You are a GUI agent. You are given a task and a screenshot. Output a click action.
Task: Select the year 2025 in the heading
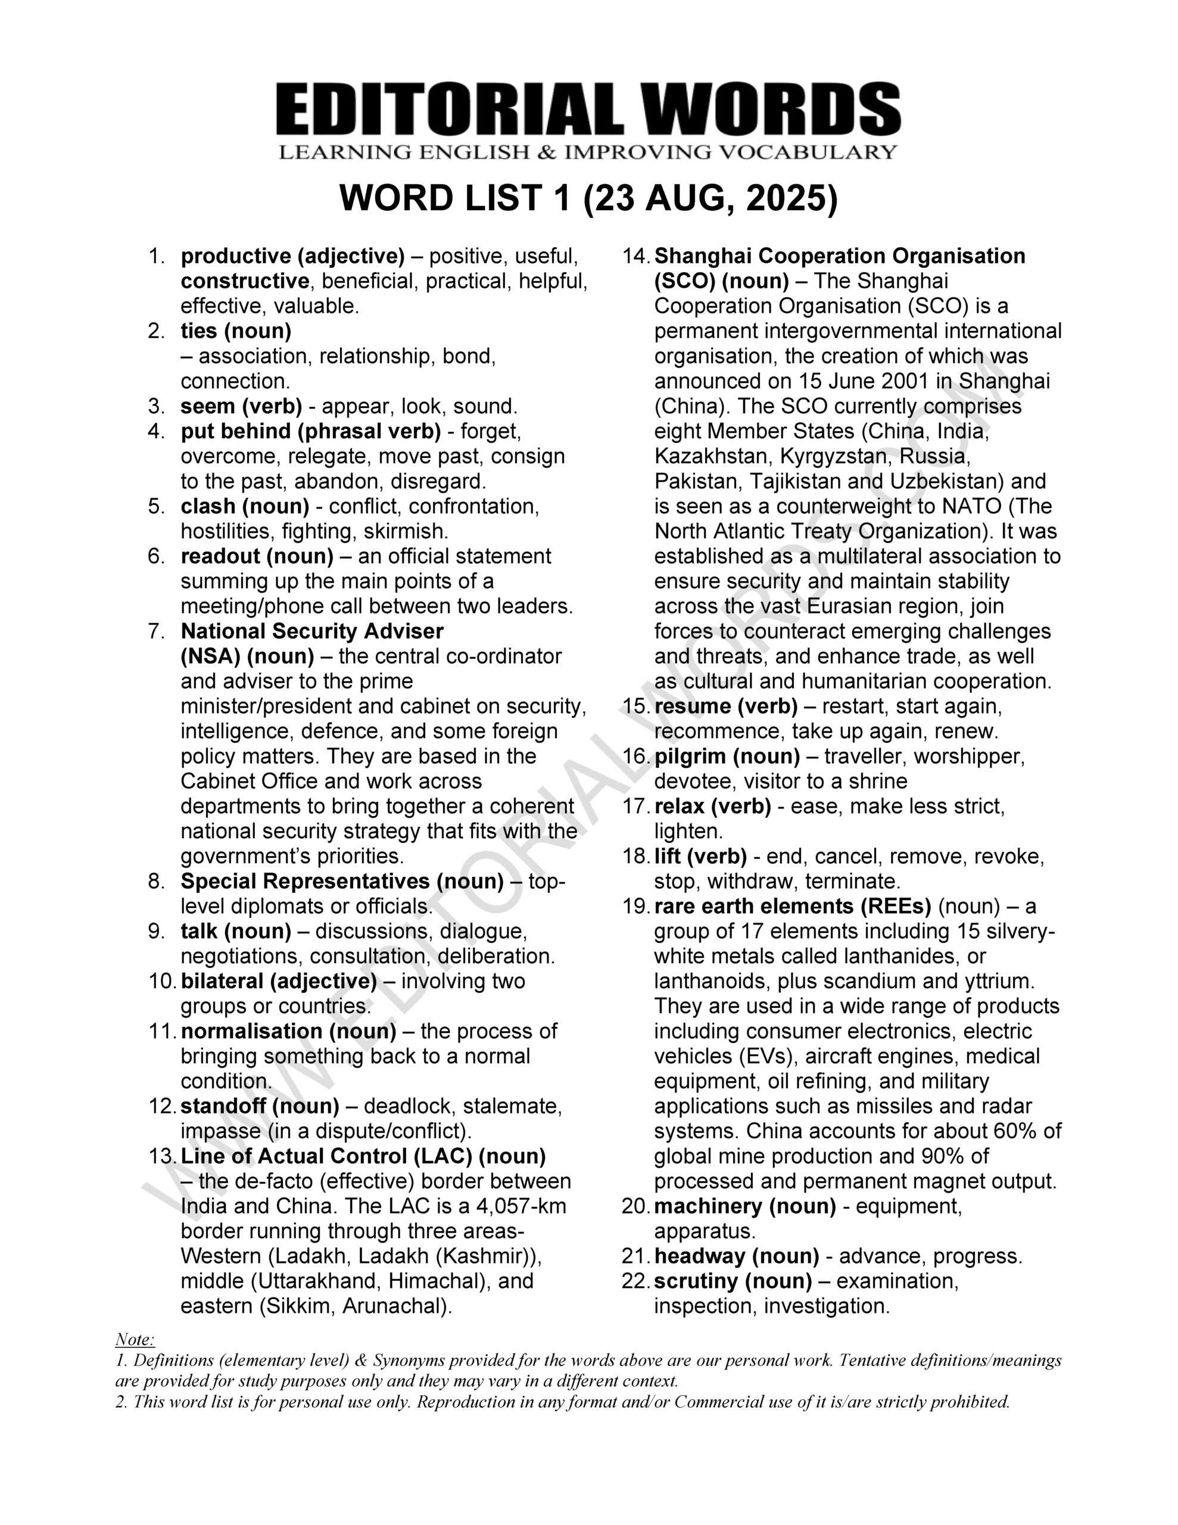(785, 199)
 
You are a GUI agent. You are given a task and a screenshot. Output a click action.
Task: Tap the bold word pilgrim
(688, 756)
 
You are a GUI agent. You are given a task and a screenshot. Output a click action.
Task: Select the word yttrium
(996, 981)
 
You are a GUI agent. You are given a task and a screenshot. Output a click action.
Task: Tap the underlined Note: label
(134, 1339)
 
